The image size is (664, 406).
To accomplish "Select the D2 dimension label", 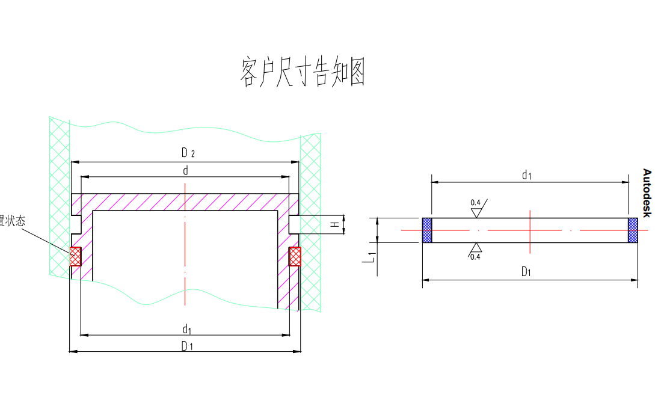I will pos(187,153).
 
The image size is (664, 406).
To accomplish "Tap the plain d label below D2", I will pos(186,171).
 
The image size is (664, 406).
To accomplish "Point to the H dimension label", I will pos(334,225).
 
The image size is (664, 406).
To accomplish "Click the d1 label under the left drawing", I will pos(187,329).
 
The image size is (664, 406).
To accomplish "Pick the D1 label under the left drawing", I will pos(187,346).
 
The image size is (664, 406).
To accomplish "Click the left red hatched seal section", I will pos(75,257).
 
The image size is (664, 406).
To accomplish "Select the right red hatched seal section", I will pos(295,257).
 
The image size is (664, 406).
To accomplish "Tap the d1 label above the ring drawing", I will pos(527,175).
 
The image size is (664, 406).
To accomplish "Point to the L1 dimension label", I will pos(372,257).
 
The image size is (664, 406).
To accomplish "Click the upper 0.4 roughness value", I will pos(475,202).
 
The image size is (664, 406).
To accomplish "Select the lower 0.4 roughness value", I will pos(475,257).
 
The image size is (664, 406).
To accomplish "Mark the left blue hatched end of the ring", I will pos(427,230).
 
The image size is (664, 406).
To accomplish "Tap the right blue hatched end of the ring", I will pos(633,230).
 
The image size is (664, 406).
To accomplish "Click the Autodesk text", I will pos(647,193).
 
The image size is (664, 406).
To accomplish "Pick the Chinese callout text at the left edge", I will pos(13,221).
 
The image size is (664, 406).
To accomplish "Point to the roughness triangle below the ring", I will pos(476,247).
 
